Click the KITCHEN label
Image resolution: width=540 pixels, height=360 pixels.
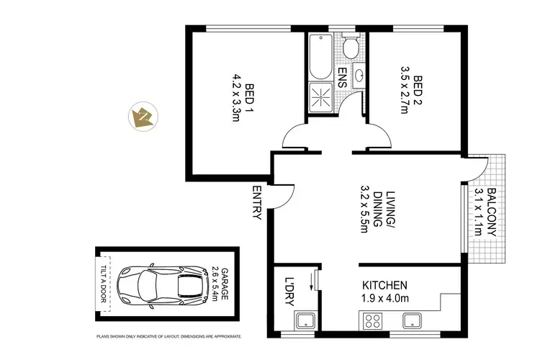[385, 285]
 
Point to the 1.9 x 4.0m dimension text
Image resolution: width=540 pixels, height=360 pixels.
[385, 299]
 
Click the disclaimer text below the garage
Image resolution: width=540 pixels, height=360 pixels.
[169, 336]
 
